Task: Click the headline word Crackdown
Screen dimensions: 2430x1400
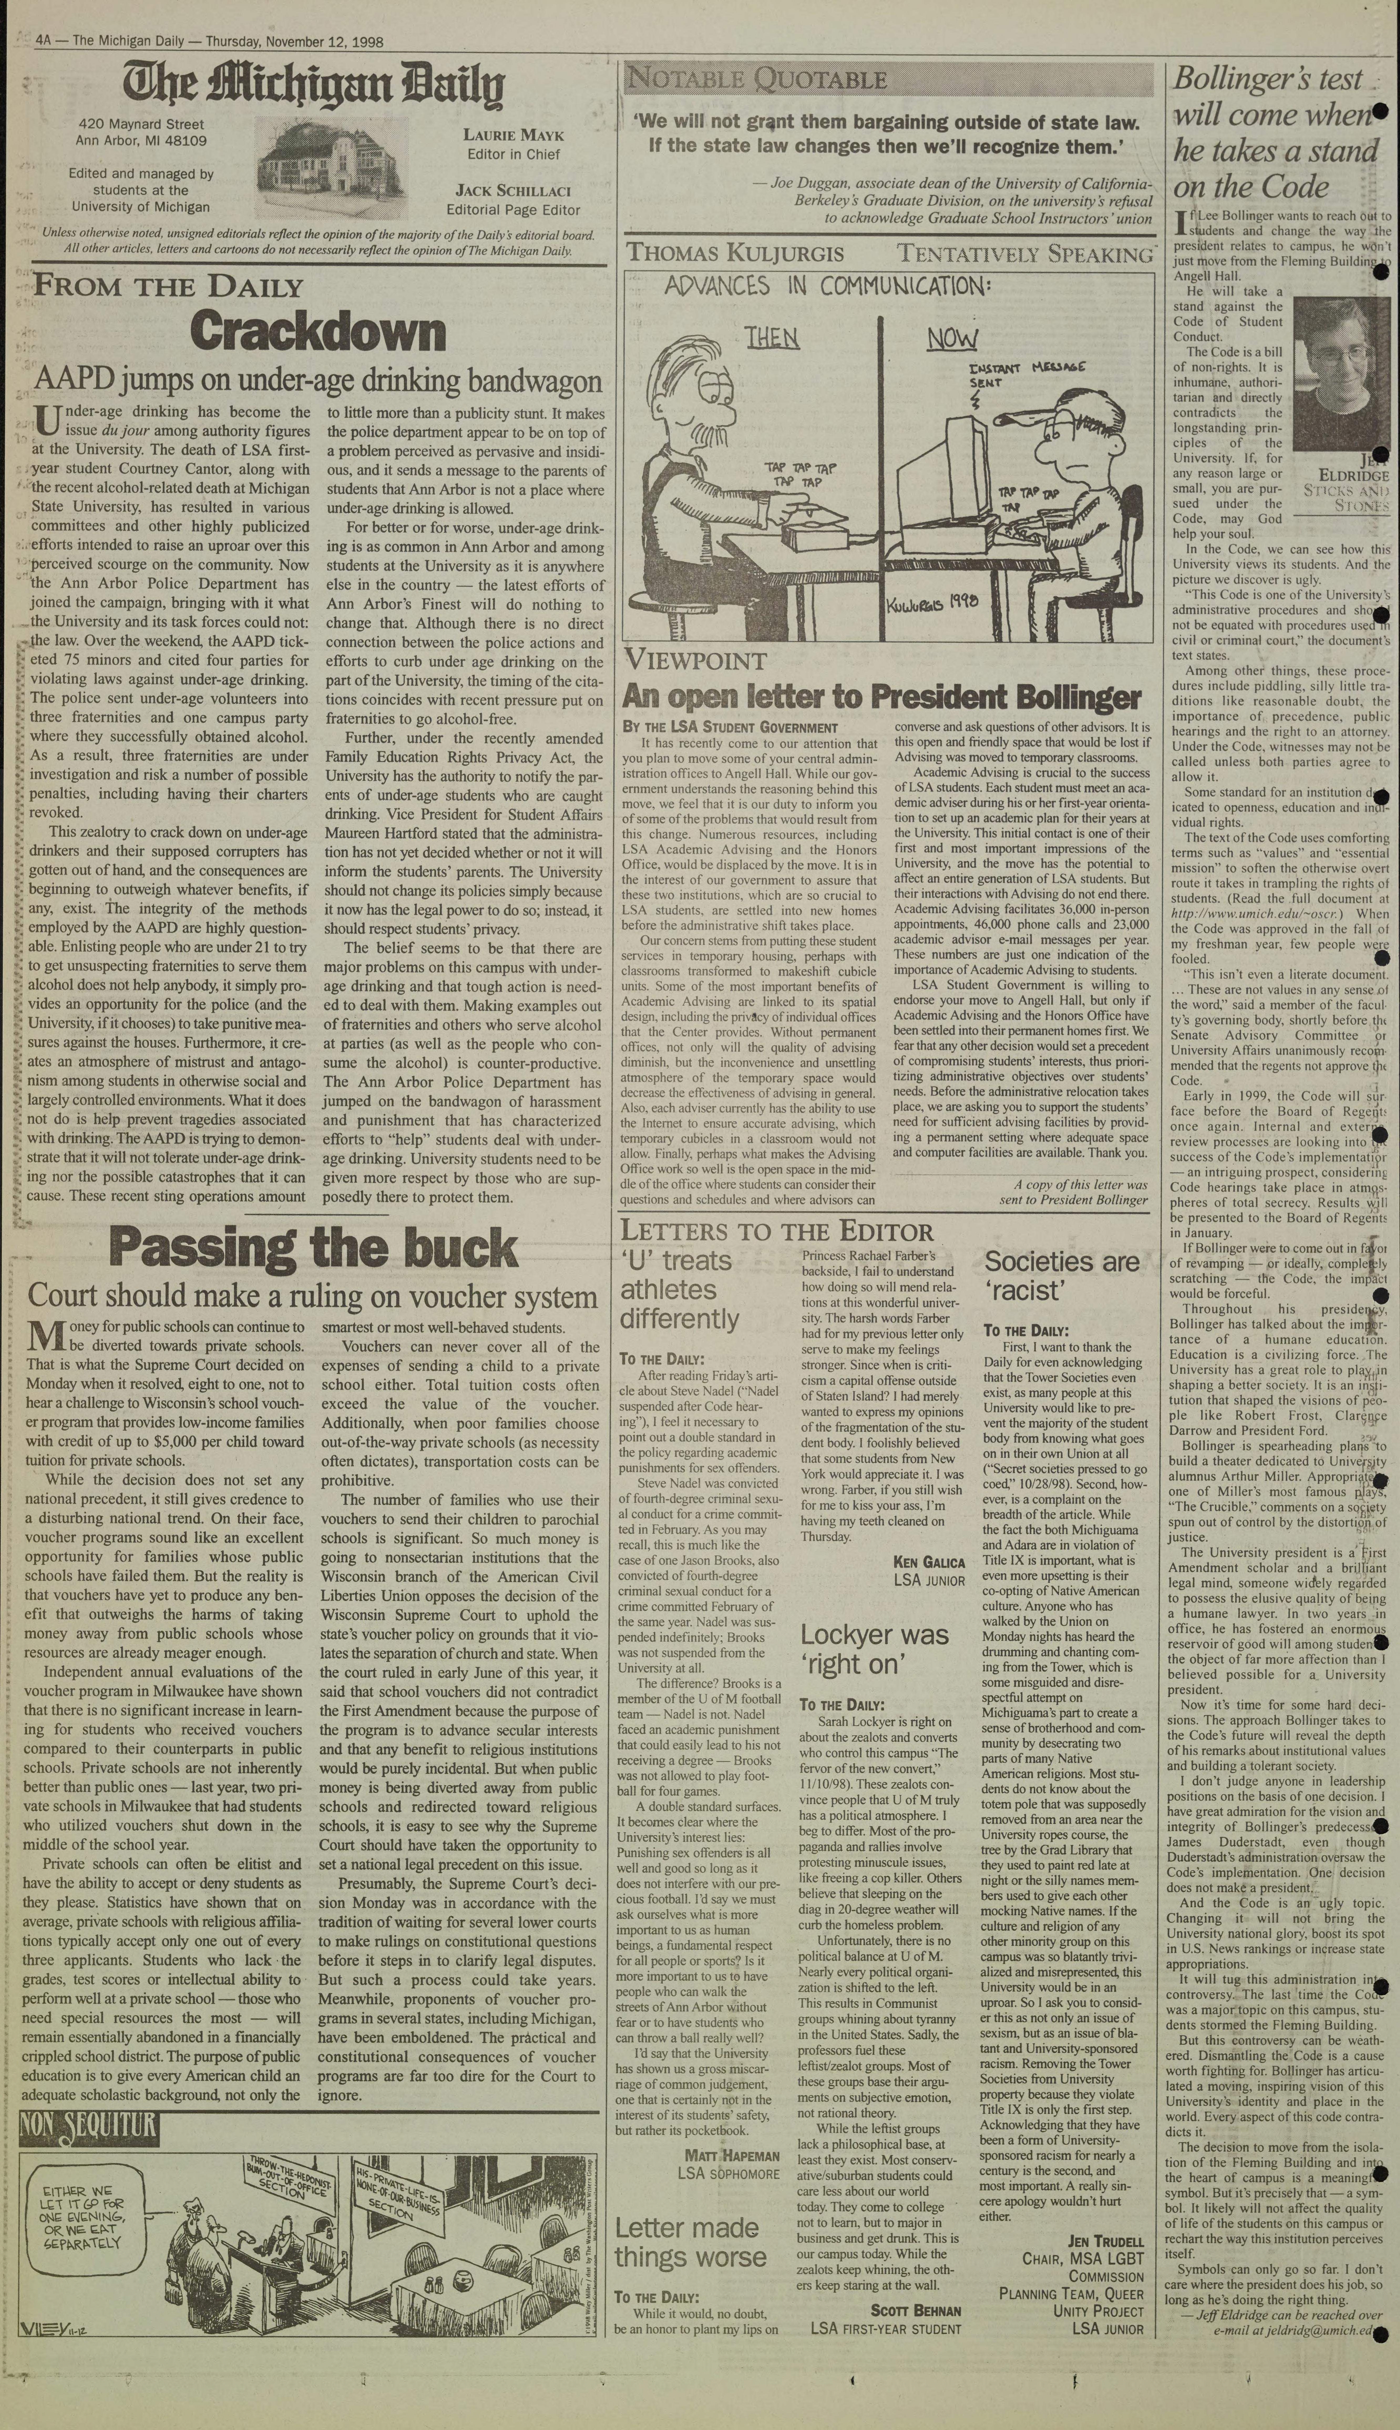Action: [x=317, y=332]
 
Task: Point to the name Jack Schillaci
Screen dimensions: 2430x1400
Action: [x=514, y=190]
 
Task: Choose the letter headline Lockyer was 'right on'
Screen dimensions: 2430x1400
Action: [x=874, y=1647]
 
